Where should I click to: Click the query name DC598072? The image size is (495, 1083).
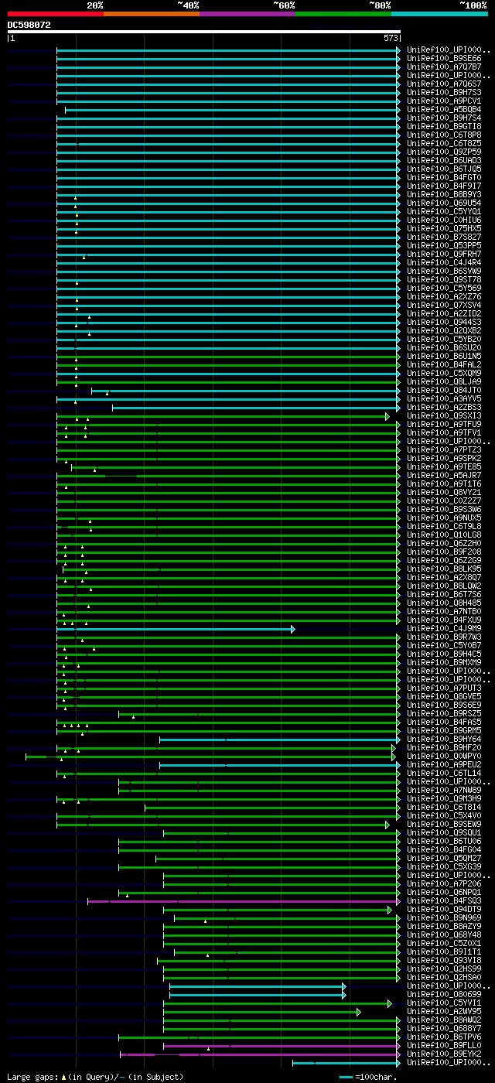pyautogui.click(x=29, y=25)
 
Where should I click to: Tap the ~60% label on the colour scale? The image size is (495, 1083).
pyautogui.click(x=284, y=5)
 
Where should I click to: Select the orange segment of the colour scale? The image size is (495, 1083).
pyautogui.click(x=151, y=13)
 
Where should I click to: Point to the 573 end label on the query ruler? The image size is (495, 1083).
pyautogui.click(x=391, y=37)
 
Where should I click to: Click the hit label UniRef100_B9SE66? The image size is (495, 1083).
pyautogui.click(x=443, y=58)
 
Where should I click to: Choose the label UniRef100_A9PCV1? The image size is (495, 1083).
pyautogui.click(x=443, y=101)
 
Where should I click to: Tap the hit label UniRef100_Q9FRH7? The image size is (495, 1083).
pyautogui.click(x=443, y=254)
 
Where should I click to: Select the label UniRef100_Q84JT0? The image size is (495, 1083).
pyautogui.click(x=443, y=390)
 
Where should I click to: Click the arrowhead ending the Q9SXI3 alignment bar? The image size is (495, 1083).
pyautogui.click(x=387, y=416)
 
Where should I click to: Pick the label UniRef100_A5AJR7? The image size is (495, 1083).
pyautogui.click(x=443, y=475)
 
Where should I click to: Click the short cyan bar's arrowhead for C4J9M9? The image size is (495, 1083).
pyautogui.click(x=293, y=629)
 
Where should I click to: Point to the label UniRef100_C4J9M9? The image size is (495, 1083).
pyautogui.click(x=443, y=628)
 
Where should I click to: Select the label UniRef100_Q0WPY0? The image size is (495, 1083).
pyautogui.click(x=443, y=756)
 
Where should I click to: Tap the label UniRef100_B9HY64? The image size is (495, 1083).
pyautogui.click(x=443, y=739)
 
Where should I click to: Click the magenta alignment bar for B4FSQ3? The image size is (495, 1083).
pyautogui.click(x=255, y=901)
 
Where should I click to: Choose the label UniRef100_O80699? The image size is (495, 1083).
pyautogui.click(x=443, y=994)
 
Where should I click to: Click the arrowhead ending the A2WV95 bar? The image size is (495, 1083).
pyautogui.click(x=359, y=1012)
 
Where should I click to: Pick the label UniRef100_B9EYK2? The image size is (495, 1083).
pyautogui.click(x=443, y=1054)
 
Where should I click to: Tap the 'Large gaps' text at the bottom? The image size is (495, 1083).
pyautogui.click(x=31, y=1077)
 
